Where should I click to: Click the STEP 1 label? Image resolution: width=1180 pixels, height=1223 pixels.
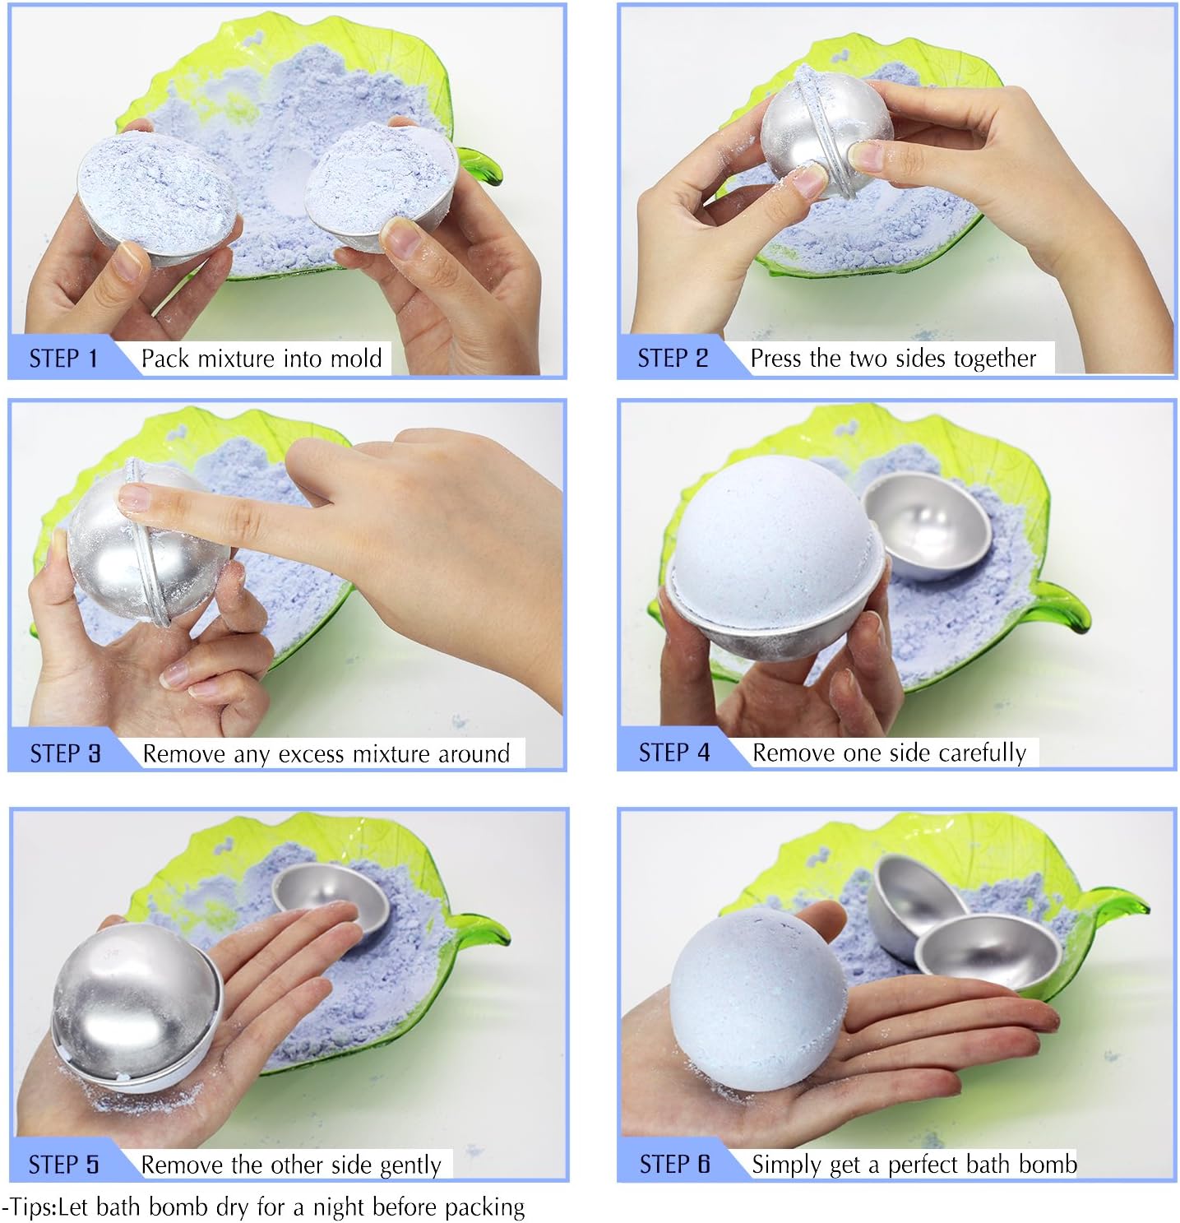(x=63, y=359)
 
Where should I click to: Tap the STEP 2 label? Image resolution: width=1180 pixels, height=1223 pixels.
(x=673, y=359)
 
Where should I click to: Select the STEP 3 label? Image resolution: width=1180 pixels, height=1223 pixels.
(x=65, y=753)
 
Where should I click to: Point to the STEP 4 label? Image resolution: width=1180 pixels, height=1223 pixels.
(x=673, y=753)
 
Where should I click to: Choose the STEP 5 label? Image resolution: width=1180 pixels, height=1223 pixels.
(x=64, y=1164)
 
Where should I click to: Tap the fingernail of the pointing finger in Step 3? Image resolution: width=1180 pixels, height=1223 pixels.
(x=133, y=498)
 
